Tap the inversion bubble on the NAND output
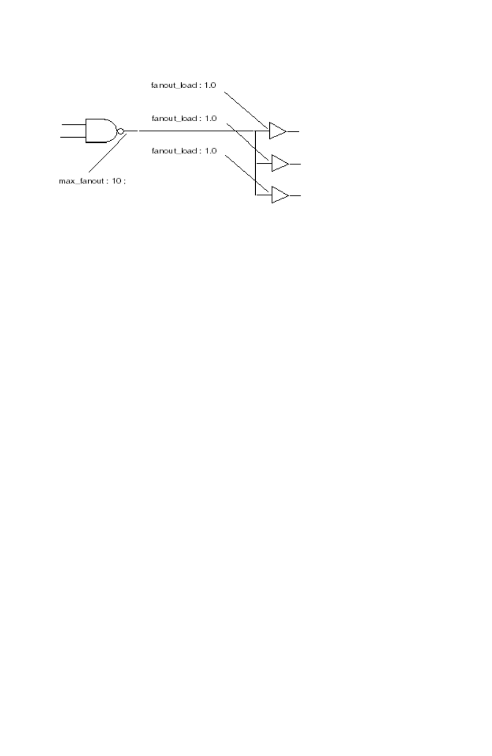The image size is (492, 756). tap(120, 131)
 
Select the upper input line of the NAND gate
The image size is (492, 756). tap(74, 125)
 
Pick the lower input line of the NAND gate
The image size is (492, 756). tap(74, 138)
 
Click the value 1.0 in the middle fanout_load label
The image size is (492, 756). tap(210, 119)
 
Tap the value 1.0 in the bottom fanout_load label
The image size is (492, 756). tap(210, 151)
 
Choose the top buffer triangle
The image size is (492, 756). tap(277, 131)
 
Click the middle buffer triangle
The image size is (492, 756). tap(279, 164)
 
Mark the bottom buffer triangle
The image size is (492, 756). tap(279, 196)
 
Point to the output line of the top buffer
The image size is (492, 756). tap(293, 131)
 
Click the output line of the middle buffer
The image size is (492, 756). tap(295, 164)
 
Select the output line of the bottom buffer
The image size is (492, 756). tap(295, 196)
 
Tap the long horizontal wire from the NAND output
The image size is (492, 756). tap(194, 131)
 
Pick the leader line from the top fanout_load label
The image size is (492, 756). tap(246, 110)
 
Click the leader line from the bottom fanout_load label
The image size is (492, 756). tap(247, 173)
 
